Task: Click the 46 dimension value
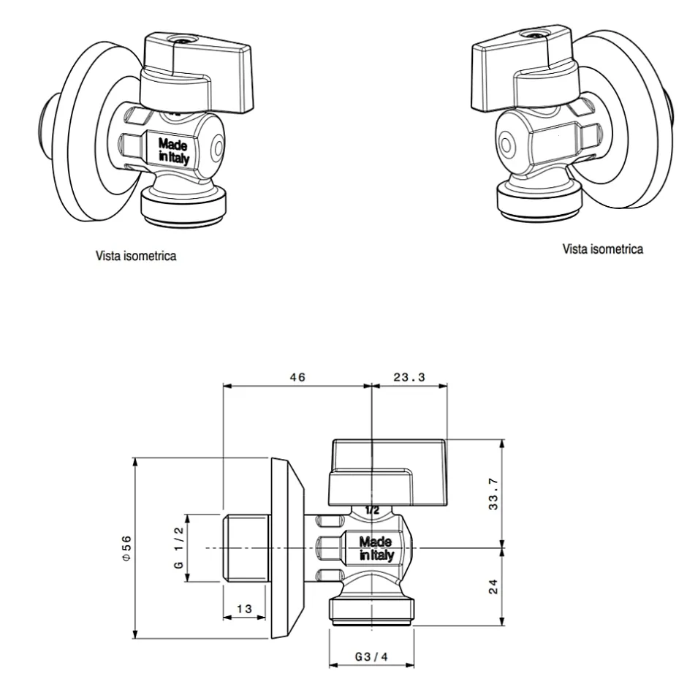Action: coord(297,377)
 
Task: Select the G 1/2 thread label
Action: coord(178,549)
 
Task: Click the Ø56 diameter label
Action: coord(126,547)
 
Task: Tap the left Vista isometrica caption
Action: coord(135,257)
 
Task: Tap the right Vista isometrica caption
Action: coord(603,249)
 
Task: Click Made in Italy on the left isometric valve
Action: coord(173,150)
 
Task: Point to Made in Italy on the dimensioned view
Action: coord(376,548)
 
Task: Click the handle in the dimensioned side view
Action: coord(387,460)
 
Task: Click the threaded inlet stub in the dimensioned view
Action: coord(246,549)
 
